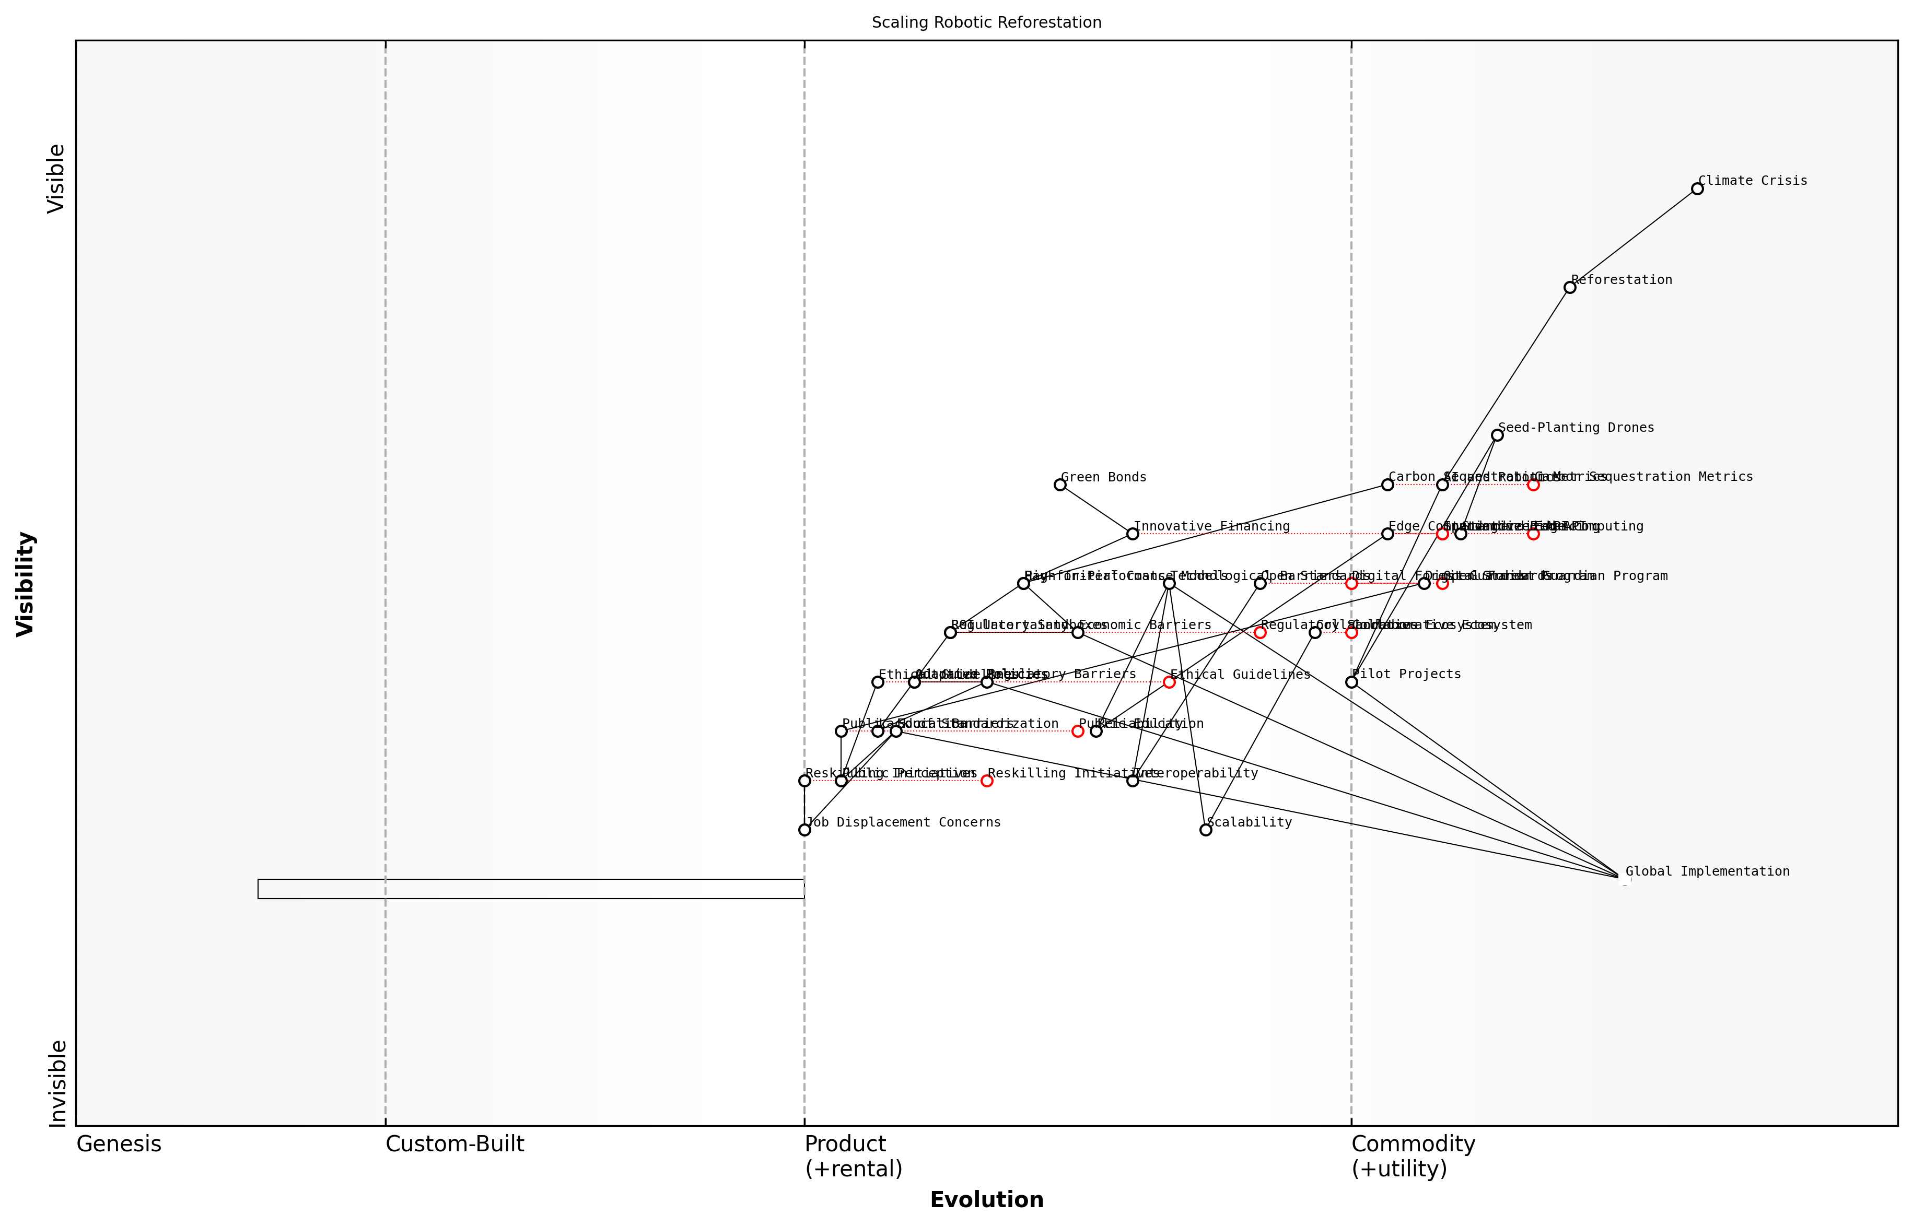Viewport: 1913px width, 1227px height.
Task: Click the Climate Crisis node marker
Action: [1697, 189]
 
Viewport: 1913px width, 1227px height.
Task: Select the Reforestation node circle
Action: [1569, 288]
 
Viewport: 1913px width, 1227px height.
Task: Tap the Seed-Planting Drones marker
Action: [1497, 435]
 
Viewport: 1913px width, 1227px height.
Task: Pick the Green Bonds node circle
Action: [1060, 485]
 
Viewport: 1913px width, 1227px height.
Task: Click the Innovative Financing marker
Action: [1133, 534]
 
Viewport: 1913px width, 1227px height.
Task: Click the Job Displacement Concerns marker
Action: [804, 830]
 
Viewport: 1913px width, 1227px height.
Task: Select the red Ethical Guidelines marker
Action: [1169, 682]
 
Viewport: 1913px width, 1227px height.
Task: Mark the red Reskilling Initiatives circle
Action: [987, 781]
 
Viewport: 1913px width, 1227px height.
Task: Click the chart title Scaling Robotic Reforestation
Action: [987, 22]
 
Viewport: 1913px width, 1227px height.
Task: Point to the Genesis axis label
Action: [119, 1144]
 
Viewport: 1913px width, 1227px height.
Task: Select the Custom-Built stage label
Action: [455, 1144]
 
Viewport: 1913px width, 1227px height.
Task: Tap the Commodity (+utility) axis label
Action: [1413, 1156]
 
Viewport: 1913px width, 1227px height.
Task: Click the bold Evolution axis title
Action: [987, 1200]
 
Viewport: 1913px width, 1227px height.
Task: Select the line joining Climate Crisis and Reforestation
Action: [1633, 238]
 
